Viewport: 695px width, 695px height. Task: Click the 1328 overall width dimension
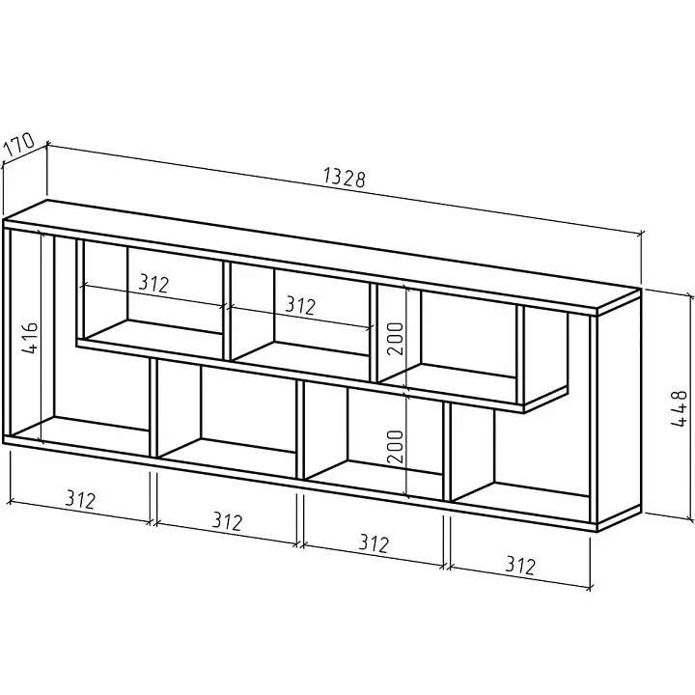click(345, 178)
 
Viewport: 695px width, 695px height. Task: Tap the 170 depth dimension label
click(18, 144)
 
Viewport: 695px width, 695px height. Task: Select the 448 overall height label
click(679, 408)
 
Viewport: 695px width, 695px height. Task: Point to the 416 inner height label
click(31, 338)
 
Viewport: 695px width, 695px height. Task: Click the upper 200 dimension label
click(395, 339)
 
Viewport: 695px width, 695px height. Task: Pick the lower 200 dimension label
click(395, 446)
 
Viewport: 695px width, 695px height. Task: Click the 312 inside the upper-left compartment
click(153, 283)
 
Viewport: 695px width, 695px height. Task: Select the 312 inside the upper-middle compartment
click(300, 305)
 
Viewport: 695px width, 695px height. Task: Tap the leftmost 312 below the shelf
click(80, 499)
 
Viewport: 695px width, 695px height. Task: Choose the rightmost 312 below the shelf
click(520, 565)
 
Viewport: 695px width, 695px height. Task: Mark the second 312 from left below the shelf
click(227, 521)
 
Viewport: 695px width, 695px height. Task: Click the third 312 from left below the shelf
click(374, 542)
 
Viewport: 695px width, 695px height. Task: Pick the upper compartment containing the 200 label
click(446, 342)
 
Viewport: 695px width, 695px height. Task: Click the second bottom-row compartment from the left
click(227, 411)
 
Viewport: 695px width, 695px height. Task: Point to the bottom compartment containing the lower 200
click(374, 435)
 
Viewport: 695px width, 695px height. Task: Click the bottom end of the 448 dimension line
click(690, 518)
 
